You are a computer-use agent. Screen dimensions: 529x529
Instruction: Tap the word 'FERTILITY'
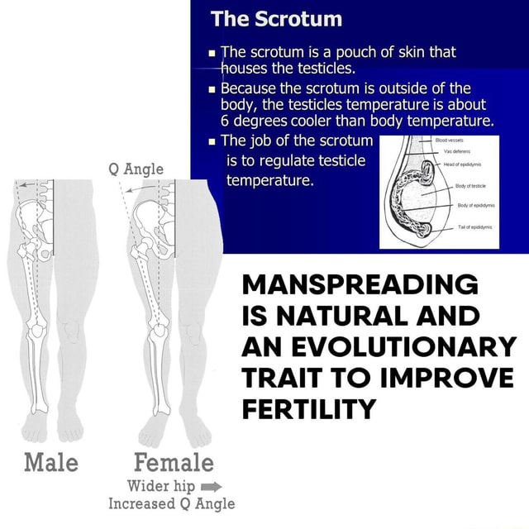point(309,408)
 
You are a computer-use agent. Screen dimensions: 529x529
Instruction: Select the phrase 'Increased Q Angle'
point(172,503)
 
